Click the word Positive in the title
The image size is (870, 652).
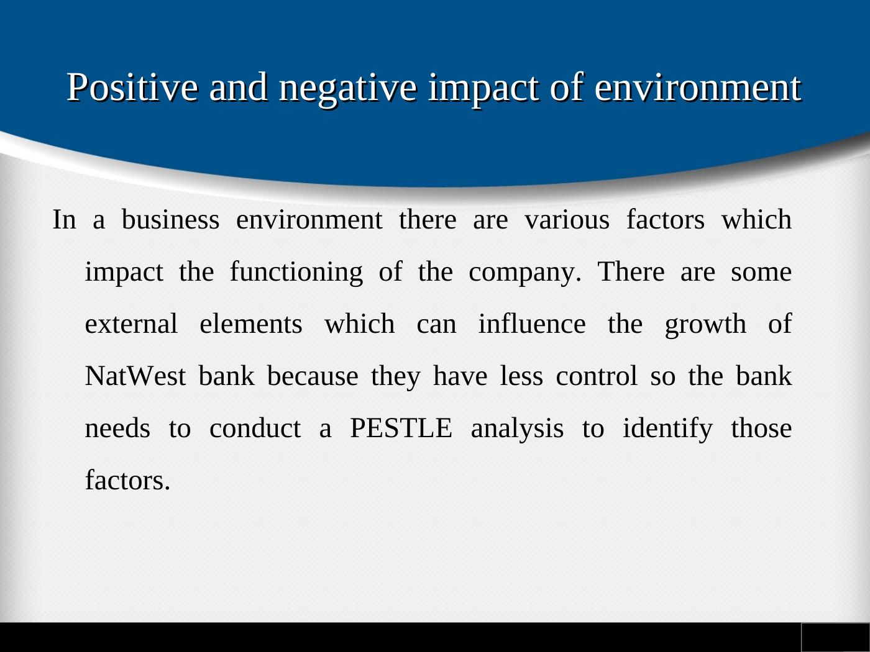tap(132, 87)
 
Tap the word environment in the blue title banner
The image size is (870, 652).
tap(698, 87)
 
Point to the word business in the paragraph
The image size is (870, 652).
tap(170, 219)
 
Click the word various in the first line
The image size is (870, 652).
tap(567, 220)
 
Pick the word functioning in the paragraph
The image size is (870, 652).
tap(296, 273)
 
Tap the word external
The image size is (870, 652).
tap(131, 324)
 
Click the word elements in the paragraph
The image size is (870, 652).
tap(251, 324)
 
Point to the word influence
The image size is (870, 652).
tap(532, 324)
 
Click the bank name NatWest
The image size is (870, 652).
tap(135, 376)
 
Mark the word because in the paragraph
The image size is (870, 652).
tap(313, 376)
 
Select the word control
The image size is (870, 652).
tap(597, 376)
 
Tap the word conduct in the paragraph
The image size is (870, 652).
tap(255, 428)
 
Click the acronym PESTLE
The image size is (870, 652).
tap(401, 428)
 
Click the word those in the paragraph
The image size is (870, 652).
tap(761, 428)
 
